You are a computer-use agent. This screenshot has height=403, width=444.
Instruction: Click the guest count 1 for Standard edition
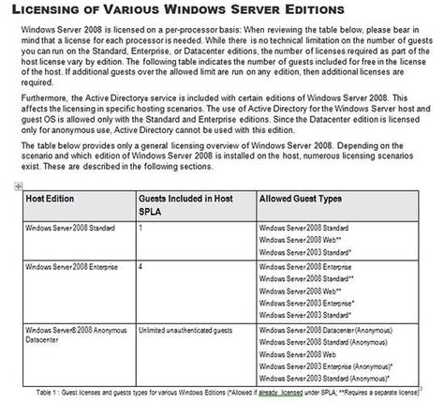coord(141,229)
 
